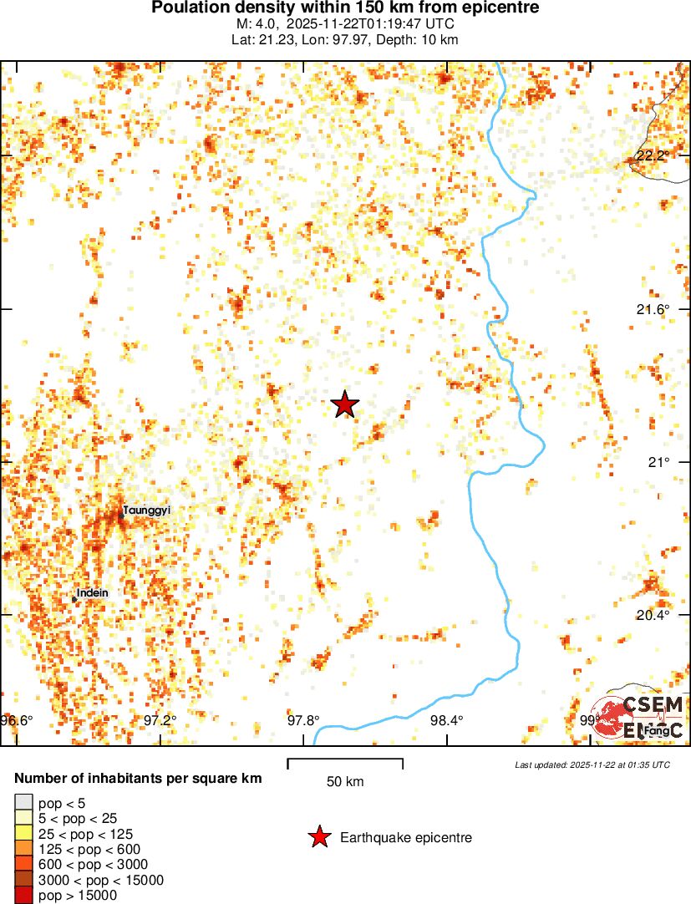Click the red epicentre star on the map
(344, 404)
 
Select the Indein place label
(93, 593)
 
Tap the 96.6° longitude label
(17, 720)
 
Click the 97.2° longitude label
(160, 720)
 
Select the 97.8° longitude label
(303, 720)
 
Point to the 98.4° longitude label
(446, 720)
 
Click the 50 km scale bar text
(345, 782)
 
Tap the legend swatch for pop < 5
(24, 804)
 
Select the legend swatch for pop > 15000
(24, 895)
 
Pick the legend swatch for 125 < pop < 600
(24, 849)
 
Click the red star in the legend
(319, 836)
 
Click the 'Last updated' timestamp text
(592, 764)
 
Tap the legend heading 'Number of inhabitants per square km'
(138, 779)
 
